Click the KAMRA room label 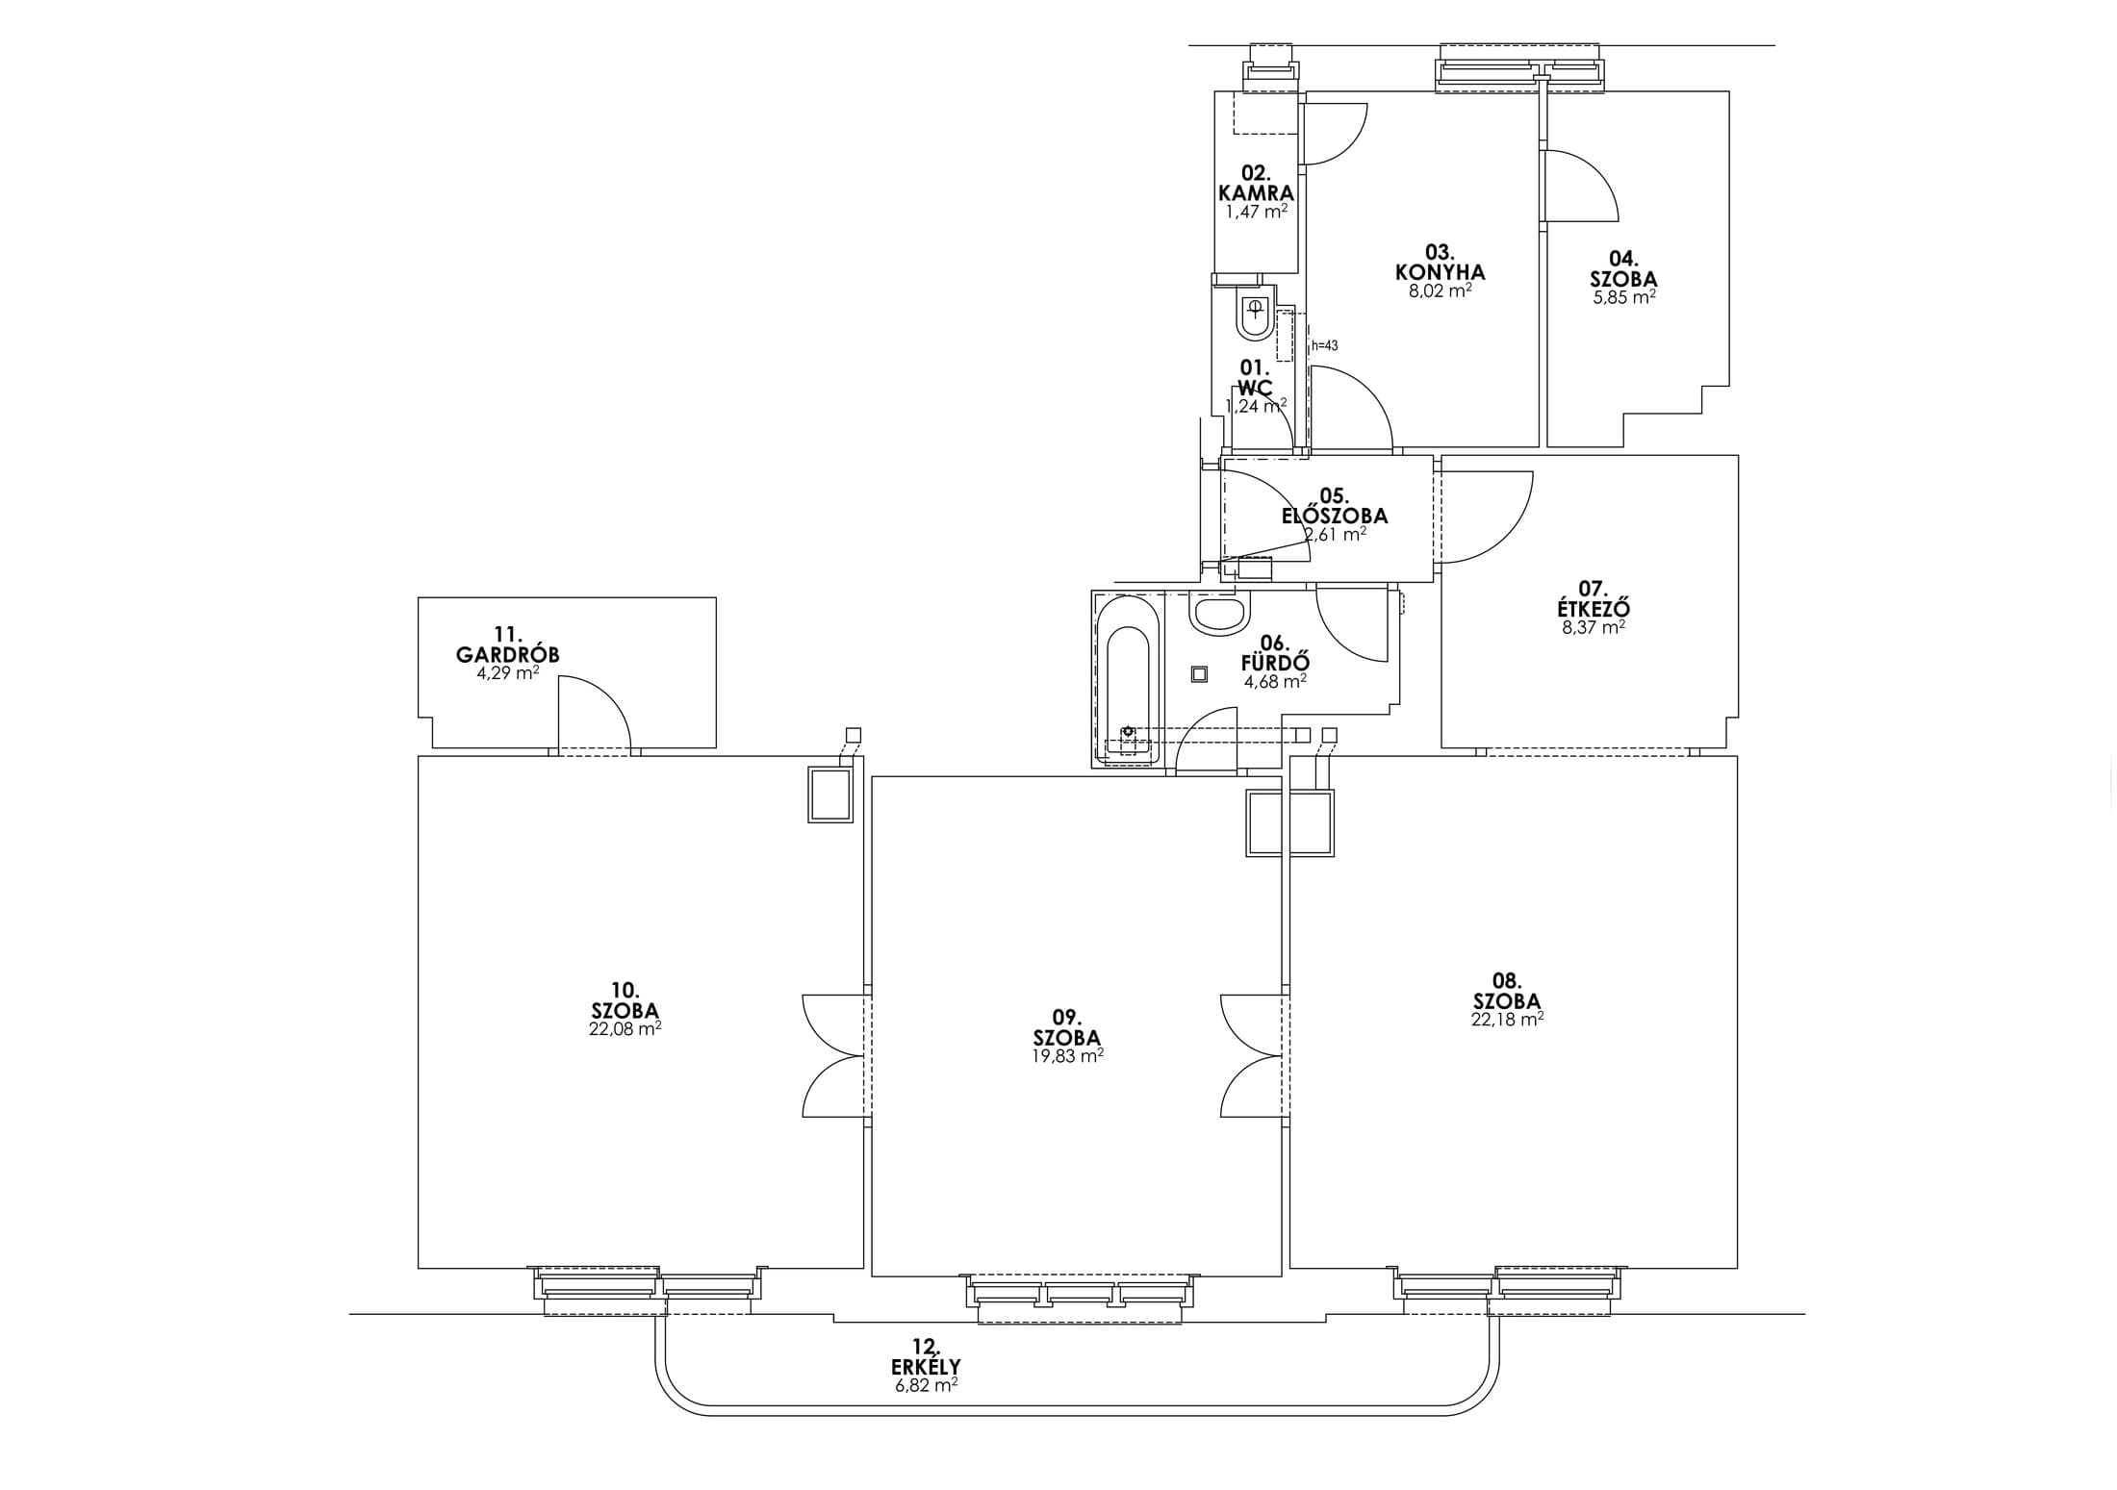pos(1256,193)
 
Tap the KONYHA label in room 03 pos(1440,272)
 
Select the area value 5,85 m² pos(1623,297)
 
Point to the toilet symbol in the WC pos(1255,316)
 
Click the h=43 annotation pos(1324,345)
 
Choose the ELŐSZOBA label pos(1334,516)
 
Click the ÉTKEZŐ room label pos(1593,609)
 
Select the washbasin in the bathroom pos(1220,614)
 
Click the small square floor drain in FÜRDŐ pos(1199,674)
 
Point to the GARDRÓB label pos(507,655)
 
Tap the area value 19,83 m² pos(1066,1055)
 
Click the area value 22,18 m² pos(1507,1020)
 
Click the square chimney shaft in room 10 pos(829,795)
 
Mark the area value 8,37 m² pos(1594,627)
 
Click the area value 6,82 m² pos(926,1385)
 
